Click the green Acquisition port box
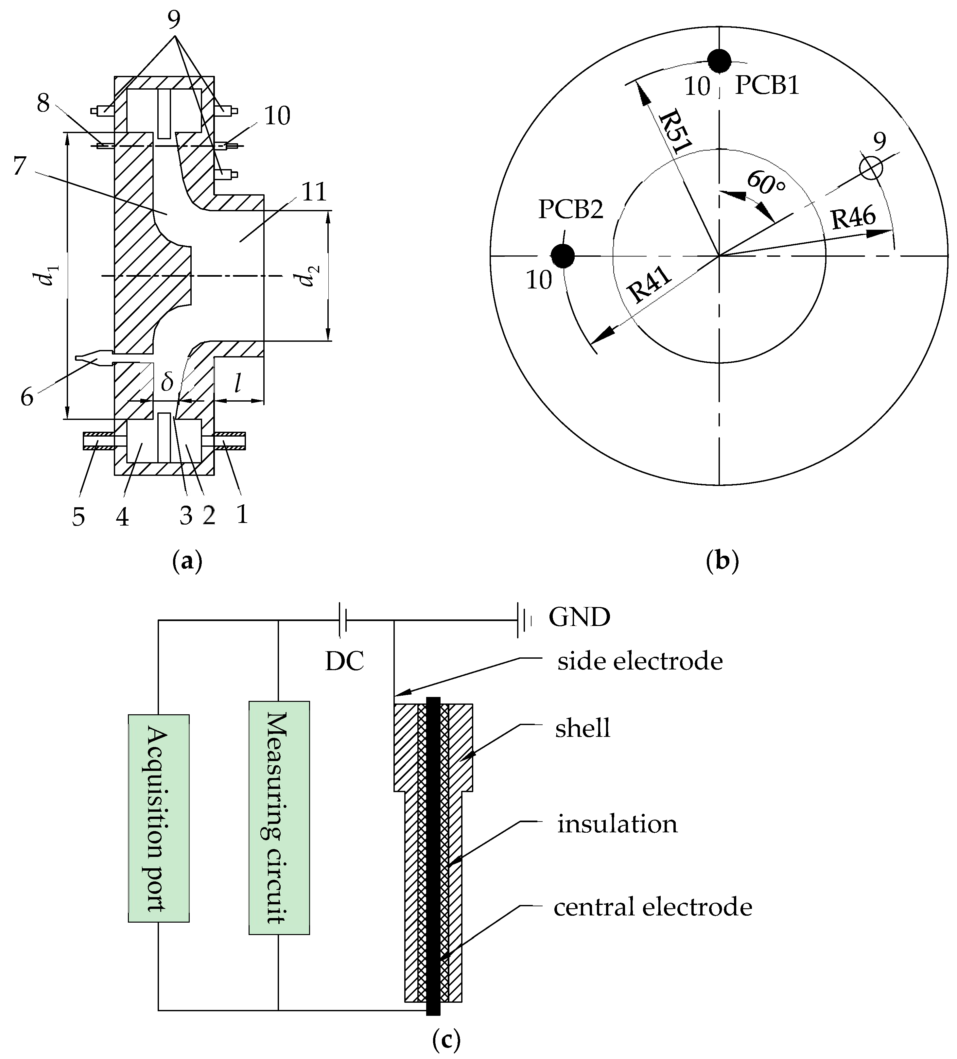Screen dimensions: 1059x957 pos(159,818)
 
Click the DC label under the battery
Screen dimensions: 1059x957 pos(344,662)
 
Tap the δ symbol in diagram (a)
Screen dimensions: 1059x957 pos(167,382)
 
